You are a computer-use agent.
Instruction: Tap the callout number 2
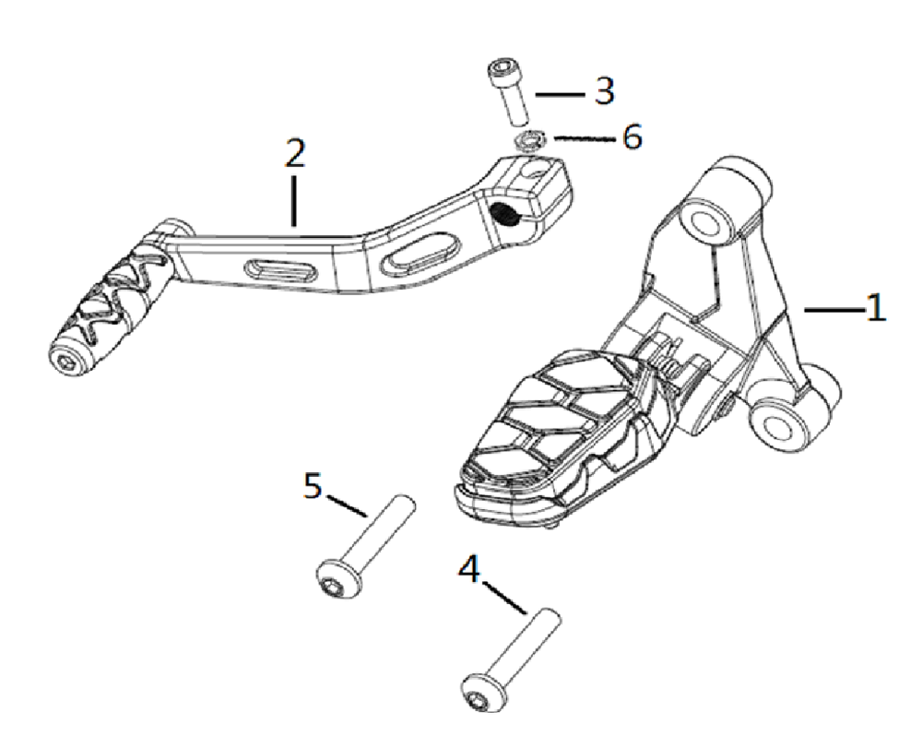click(293, 153)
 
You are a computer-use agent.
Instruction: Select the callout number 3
click(603, 90)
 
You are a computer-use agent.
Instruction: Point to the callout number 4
click(469, 569)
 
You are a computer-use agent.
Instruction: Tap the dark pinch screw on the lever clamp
click(505, 215)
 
